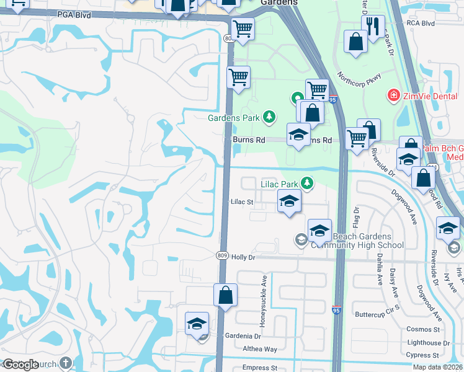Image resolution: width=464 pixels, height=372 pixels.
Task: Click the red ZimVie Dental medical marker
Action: click(x=393, y=95)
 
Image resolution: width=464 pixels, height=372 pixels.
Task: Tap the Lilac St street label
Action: click(x=243, y=201)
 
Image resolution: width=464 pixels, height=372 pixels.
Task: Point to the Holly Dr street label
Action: click(x=244, y=257)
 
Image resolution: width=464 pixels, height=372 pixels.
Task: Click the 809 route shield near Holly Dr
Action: click(x=222, y=255)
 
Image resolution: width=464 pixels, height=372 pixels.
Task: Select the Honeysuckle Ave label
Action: click(x=264, y=301)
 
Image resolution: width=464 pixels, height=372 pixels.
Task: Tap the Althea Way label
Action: click(x=260, y=349)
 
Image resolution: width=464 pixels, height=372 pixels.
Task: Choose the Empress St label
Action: click(x=260, y=368)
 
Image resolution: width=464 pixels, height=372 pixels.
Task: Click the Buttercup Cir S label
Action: click(x=376, y=314)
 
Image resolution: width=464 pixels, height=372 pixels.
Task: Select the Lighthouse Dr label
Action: click(x=428, y=343)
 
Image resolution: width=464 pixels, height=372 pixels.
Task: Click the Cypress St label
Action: click(x=423, y=355)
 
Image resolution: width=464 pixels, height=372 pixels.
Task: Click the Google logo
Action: click(x=21, y=365)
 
